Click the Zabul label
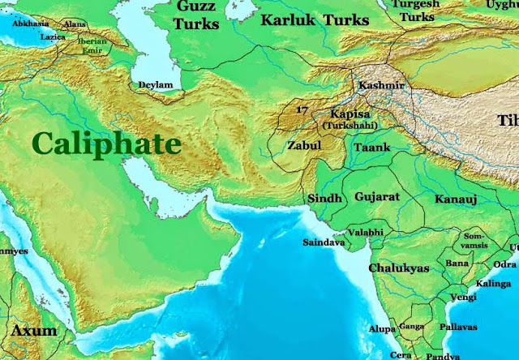tap(306, 147)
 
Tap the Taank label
tap(373, 148)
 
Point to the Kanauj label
tap(454, 199)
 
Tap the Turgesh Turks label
tap(419, 10)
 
